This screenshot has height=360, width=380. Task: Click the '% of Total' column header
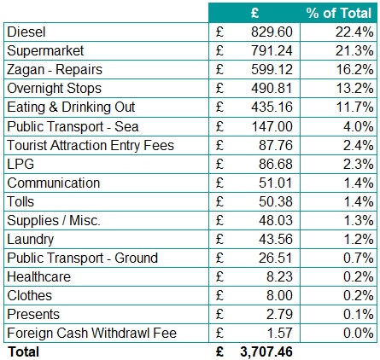pyautogui.click(x=339, y=13)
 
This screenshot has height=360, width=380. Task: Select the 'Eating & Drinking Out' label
pyautogui.click(x=72, y=107)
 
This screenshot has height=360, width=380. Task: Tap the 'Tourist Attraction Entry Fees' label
pyautogui.click(x=91, y=145)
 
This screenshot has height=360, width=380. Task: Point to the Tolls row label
pyautogui.click(x=20, y=201)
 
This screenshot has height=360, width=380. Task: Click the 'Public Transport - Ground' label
pyautogui.click(x=82, y=258)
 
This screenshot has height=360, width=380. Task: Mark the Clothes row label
pyautogui.click(x=29, y=295)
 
